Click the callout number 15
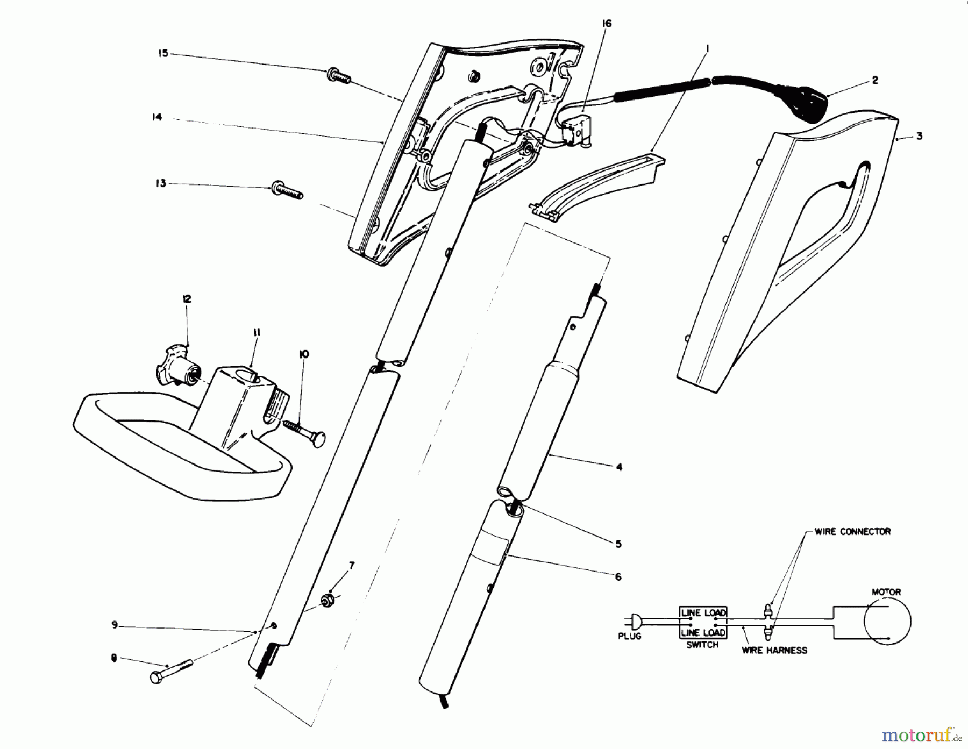(163, 53)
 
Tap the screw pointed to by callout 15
(338, 77)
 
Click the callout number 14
(156, 117)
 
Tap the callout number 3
(919, 136)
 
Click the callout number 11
(257, 333)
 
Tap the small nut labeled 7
(327, 599)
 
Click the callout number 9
(115, 625)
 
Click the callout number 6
(618, 576)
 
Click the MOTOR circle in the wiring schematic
(887, 621)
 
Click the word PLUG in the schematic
(629, 637)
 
